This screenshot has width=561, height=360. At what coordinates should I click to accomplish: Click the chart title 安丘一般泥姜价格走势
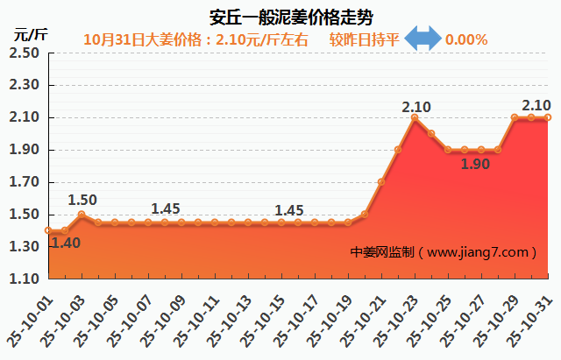pos(280,17)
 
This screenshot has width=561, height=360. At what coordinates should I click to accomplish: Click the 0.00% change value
pos(466,39)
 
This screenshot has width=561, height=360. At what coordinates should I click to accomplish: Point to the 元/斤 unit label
pos(30,35)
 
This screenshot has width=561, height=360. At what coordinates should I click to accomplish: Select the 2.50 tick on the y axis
pos(25,53)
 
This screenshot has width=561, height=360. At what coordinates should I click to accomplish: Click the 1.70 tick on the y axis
pos(25,182)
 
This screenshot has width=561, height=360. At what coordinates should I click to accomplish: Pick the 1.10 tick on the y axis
pos(25,279)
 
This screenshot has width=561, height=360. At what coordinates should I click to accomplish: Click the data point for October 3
pos(82,215)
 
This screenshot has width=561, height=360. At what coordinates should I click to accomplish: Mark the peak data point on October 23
pos(415,117)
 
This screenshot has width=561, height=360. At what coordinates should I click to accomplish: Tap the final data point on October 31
pos(548,117)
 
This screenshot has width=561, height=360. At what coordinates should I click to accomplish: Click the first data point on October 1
pos(48,230)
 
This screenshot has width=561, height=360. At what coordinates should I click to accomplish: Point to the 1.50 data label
pos(82,200)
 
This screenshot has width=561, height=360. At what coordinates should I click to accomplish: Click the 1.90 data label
pos(475,164)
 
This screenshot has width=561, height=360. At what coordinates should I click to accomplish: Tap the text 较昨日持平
pos(365,39)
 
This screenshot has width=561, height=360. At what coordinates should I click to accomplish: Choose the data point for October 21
pos(381,182)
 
